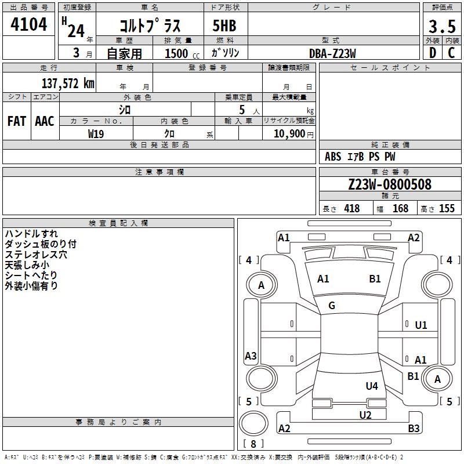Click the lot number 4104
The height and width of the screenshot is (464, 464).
click(x=29, y=26)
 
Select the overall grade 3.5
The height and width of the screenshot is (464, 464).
click(x=441, y=26)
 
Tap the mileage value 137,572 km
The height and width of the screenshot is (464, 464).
click(x=68, y=83)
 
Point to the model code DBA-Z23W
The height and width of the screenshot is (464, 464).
click(x=332, y=53)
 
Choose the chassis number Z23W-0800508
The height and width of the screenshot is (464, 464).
click(x=389, y=184)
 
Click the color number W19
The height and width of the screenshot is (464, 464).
click(x=96, y=133)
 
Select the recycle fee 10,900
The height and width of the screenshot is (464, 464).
click(x=289, y=133)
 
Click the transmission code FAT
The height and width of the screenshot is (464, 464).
click(x=16, y=121)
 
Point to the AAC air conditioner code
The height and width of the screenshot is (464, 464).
click(x=44, y=121)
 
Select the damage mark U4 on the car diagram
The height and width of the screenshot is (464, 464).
click(x=372, y=386)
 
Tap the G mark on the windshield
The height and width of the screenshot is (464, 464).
click(x=332, y=306)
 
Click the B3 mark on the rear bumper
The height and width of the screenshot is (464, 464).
click(x=414, y=429)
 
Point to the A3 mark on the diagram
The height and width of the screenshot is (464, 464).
click(x=251, y=356)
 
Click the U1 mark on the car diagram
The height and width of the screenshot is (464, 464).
click(x=421, y=325)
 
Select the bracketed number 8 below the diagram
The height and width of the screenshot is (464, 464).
click(x=253, y=444)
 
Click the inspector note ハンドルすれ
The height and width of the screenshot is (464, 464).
click(x=31, y=234)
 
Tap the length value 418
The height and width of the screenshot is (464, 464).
click(x=351, y=209)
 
